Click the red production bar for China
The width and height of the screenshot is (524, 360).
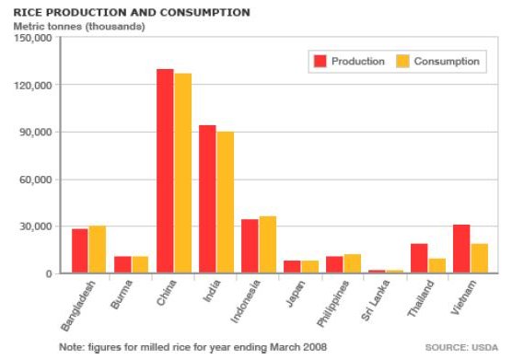point(165,170)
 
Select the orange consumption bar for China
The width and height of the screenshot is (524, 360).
point(182,172)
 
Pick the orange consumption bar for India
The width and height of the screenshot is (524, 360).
point(225,202)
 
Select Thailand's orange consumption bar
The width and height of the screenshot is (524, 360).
point(437,265)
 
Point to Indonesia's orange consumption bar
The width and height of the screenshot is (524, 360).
point(267,244)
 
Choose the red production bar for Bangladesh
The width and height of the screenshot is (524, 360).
point(80,250)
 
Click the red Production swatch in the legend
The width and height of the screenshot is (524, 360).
point(320,62)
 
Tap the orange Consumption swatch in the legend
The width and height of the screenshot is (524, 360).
point(402,62)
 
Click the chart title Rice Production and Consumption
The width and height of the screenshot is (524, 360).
point(131,13)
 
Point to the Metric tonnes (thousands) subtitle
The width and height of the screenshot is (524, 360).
point(78,26)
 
